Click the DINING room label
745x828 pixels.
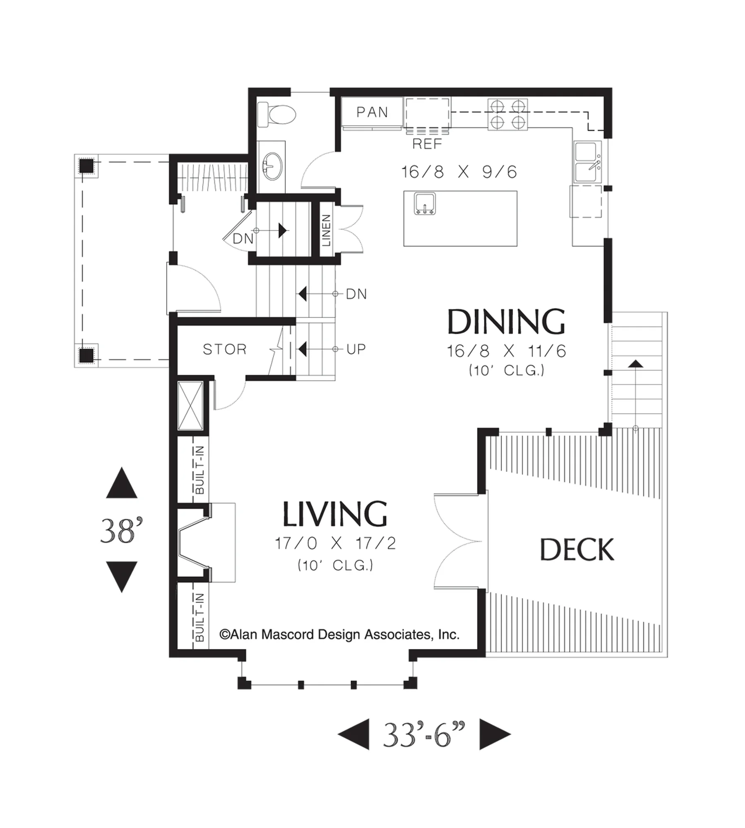[x=506, y=322]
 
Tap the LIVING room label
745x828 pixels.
[x=335, y=514]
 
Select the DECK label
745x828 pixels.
[x=577, y=550]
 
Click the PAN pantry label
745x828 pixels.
[x=372, y=112]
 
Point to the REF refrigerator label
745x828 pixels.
[x=427, y=144]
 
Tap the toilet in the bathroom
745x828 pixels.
[x=276, y=115]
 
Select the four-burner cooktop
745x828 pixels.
[x=507, y=115]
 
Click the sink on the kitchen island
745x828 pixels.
[x=425, y=204]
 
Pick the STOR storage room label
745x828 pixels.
[x=225, y=349]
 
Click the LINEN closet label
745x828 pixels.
[x=326, y=230]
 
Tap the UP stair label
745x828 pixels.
[x=356, y=349]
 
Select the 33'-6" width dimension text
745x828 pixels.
[x=424, y=735]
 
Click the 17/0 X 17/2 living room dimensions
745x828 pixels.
[x=335, y=543]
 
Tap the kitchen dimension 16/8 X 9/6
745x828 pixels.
[x=459, y=172]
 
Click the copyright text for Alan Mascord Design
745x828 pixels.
[x=339, y=635]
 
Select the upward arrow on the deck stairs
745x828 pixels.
[x=636, y=364]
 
